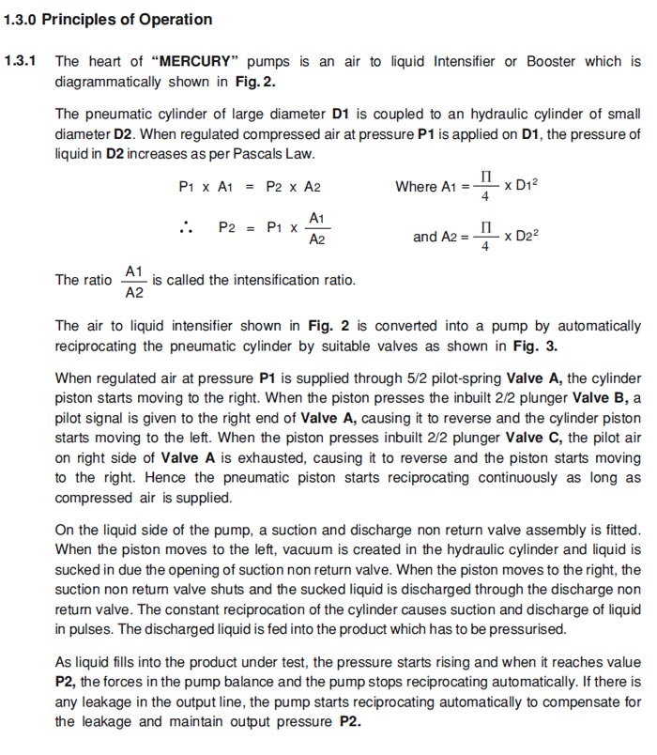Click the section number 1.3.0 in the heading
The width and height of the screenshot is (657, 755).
tap(21, 19)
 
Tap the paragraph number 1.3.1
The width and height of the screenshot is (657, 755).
tap(21, 61)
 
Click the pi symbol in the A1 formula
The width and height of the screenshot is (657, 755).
tap(485, 177)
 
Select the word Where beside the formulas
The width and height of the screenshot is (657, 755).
tap(416, 187)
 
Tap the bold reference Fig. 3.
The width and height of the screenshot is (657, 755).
tap(537, 347)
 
